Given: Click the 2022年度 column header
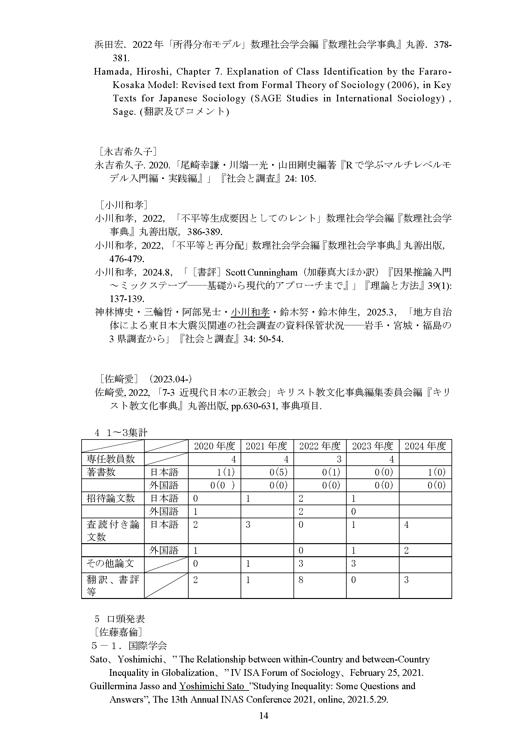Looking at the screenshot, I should [320, 446].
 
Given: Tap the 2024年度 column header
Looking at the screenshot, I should [425, 446].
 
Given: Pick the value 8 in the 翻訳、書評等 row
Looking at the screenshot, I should [301, 580].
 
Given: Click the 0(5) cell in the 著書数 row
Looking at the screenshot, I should [278, 472].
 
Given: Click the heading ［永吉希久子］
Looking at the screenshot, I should [128, 152].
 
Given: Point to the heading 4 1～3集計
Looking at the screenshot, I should [121, 432].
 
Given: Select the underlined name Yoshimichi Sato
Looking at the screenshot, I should [212, 686].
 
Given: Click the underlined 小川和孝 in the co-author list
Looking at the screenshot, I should [250, 312].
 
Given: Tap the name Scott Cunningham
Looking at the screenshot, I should [261, 272].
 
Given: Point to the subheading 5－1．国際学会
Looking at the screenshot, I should [129, 645].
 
